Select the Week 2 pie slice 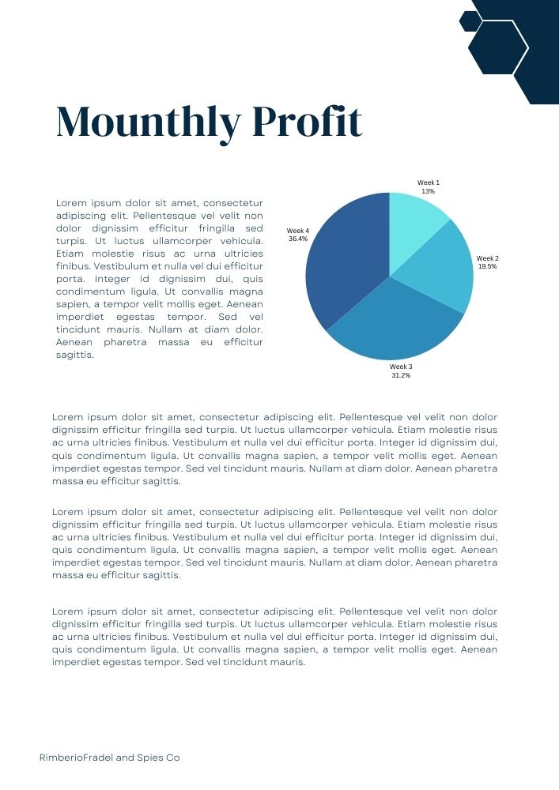click(443, 273)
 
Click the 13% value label click(428, 191)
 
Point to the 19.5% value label click(487, 267)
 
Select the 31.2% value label click(401, 375)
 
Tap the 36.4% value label click(298, 239)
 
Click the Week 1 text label click(428, 182)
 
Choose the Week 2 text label click(487, 258)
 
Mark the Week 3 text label click(401, 367)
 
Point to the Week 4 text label click(298, 230)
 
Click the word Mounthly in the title click(149, 123)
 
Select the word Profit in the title click(308, 123)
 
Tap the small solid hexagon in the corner click(470, 21)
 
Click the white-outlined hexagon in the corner click(498, 47)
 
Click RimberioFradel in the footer click(76, 758)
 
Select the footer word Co click(173, 758)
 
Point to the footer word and click(125, 758)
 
